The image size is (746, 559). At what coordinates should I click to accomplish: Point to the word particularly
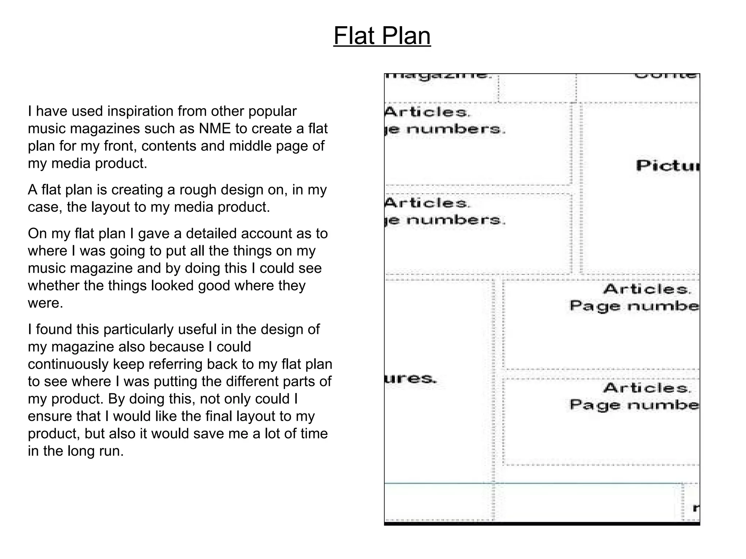tap(142, 329)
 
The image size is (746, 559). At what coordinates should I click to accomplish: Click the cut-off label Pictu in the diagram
tap(667, 166)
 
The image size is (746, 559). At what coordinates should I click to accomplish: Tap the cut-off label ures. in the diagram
tap(411, 379)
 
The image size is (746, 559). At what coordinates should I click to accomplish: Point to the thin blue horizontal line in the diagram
tap(532, 483)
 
